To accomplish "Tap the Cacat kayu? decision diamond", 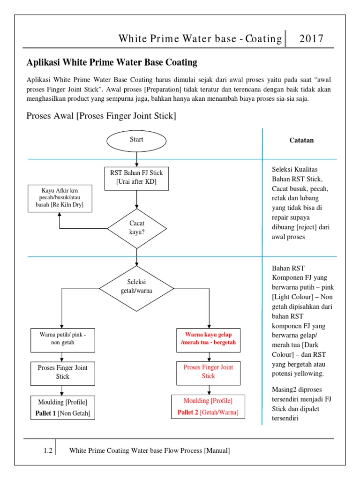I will tap(136, 228).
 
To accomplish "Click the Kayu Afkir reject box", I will tap(60, 198).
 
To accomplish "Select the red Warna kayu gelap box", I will tap(208, 339).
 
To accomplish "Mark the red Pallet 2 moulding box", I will tap(208, 407).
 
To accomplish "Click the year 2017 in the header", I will tap(312, 39).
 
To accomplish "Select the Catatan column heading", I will tap(302, 140).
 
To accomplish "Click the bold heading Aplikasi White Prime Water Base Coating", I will tap(112, 62).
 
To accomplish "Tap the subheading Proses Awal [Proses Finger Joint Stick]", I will tap(101, 116).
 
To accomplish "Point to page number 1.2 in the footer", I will tap(48, 451).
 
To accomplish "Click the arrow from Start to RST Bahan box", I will tap(136, 159).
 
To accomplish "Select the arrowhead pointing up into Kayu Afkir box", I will tap(60, 214).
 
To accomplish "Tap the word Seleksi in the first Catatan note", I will tap(283, 169).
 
